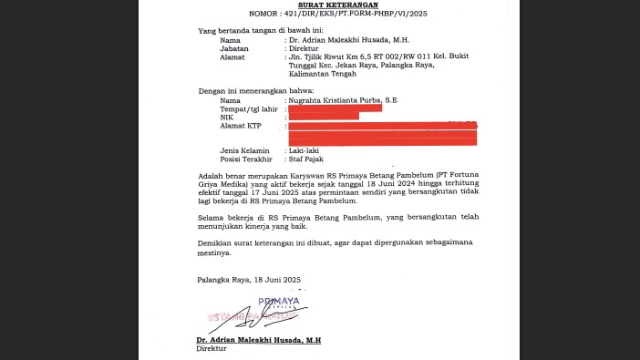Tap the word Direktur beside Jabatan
pos(307,48)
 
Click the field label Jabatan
pos(233,48)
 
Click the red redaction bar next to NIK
pos(322,117)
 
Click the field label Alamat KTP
pos(241,126)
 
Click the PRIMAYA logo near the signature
pos(278,301)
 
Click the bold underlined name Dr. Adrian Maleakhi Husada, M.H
pos(259,340)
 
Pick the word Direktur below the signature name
pos(212,348)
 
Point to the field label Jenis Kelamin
pos(241,149)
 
